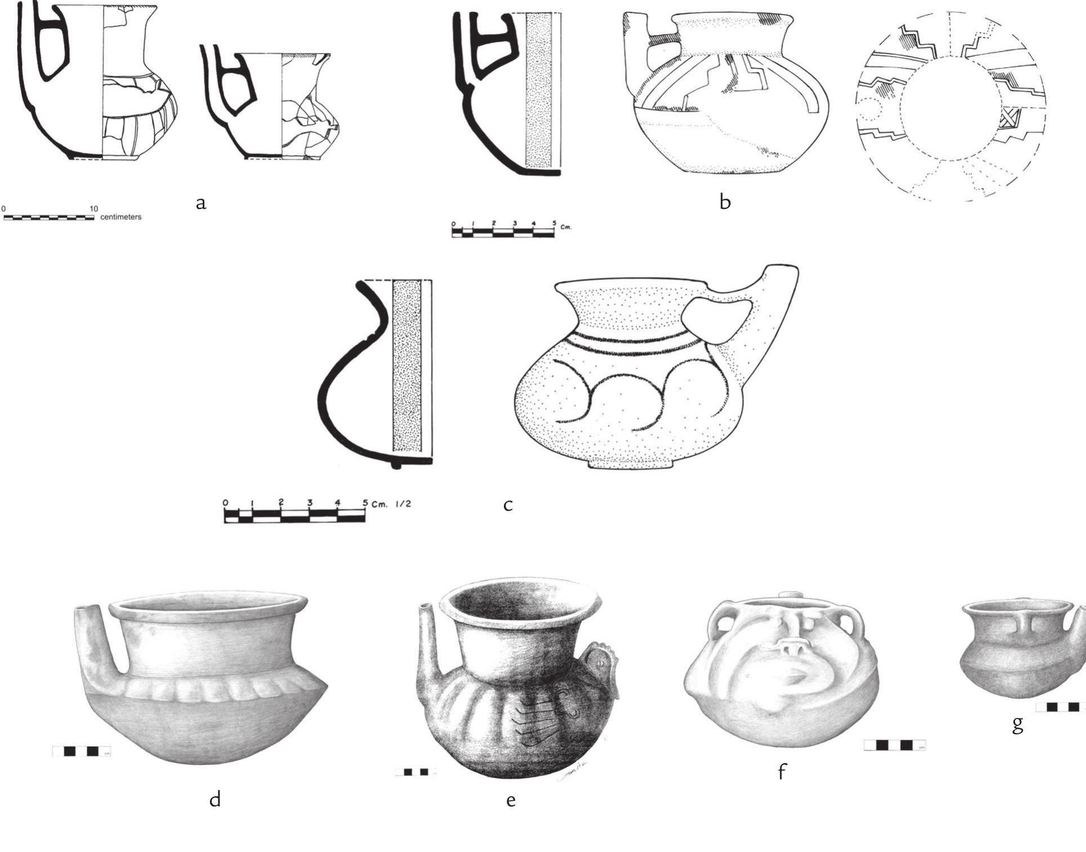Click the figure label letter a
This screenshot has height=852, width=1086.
(201, 203)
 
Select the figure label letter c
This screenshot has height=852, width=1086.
(508, 505)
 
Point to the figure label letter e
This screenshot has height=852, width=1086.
(511, 800)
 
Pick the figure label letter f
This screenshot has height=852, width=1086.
(781, 771)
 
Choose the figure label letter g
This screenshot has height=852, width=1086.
(1017, 724)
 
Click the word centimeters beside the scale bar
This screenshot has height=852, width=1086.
(121, 217)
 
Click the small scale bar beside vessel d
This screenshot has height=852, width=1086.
(82, 751)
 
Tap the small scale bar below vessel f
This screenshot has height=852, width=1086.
(895, 746)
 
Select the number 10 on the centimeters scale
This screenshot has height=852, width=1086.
(93, 209)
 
